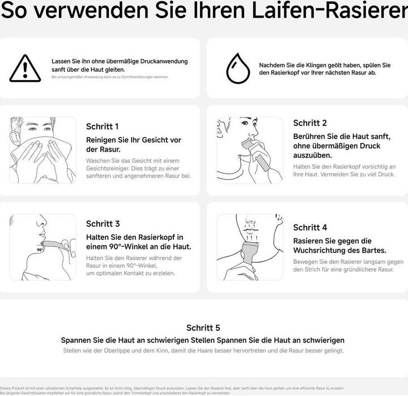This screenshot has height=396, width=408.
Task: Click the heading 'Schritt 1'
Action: coord(103,127)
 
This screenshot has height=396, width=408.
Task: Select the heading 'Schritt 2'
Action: coord(310,123)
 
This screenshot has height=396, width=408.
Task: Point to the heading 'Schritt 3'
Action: coord(103,224)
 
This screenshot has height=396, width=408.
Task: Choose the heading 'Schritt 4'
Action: coord(310,228)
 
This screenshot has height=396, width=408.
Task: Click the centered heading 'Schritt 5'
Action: coord(203,328)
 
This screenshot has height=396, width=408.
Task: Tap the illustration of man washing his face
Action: coord(43,150)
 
